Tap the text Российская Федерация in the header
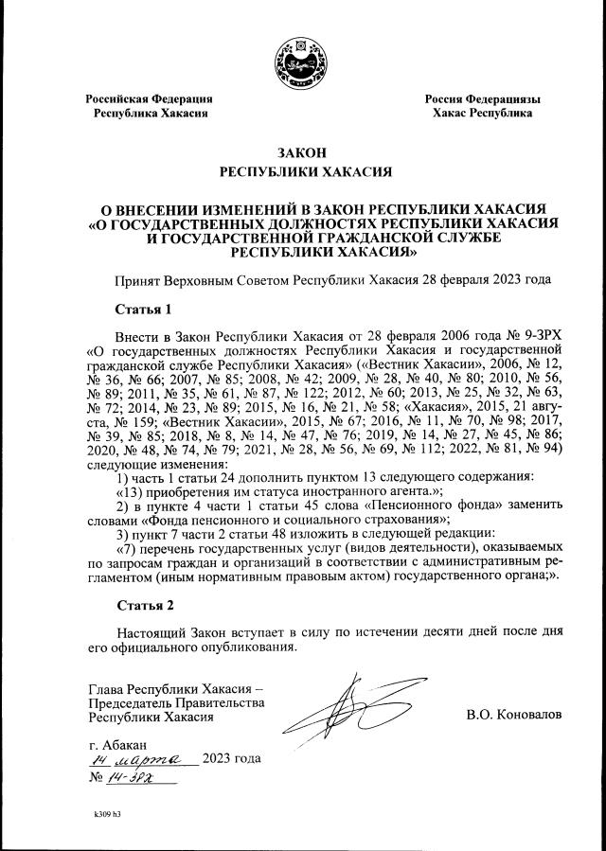[x=149, y=99]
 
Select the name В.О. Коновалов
[x=513, y=715]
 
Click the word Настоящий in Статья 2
[x=151, y=632]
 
